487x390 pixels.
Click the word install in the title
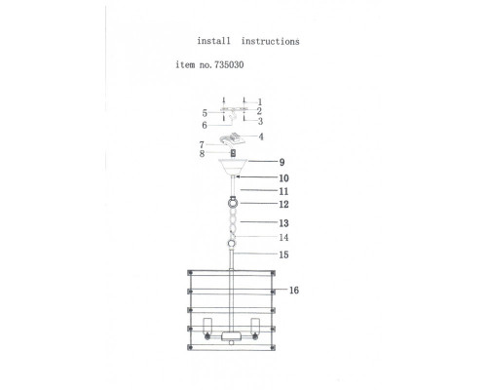(213, 41)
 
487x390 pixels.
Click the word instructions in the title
(270, 41)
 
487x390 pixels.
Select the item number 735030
(229, 64)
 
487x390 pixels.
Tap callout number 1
(260, 102)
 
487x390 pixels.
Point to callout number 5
(205, 113)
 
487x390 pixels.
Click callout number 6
(205, 125)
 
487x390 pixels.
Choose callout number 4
(261, 136)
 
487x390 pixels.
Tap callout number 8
(202, 154)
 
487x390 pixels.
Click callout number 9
(281, 162)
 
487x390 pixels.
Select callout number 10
(283, 178)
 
